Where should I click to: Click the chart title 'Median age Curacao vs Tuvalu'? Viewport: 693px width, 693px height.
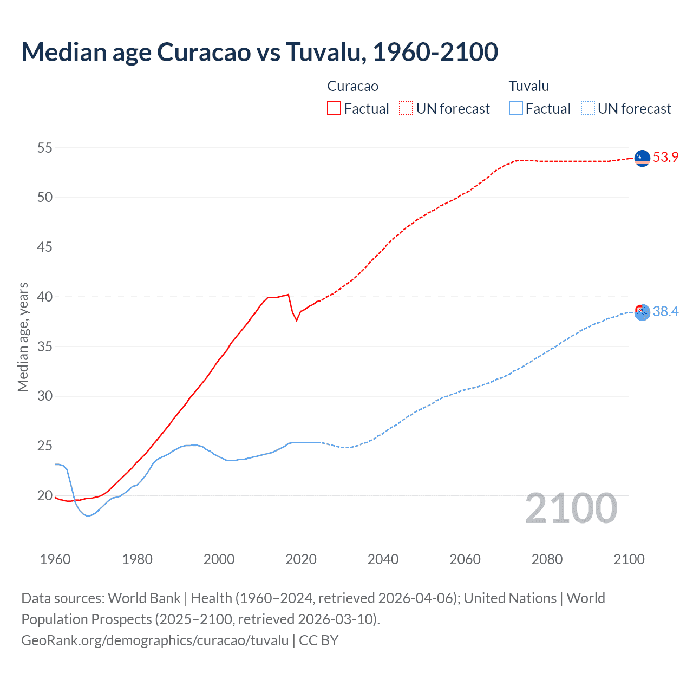259,52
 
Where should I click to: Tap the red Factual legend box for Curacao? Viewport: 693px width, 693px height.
334,108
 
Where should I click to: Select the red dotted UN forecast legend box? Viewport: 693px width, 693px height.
406,108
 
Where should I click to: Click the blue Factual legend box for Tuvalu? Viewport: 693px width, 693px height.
515,108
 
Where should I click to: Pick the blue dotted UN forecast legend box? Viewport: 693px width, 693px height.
587,108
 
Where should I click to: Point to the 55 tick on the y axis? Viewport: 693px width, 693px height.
45,148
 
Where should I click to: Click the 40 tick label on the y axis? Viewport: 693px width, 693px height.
45,297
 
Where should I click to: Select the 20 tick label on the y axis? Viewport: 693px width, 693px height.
45,495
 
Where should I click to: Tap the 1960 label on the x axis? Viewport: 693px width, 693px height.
55,559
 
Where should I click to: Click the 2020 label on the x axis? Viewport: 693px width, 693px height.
301,559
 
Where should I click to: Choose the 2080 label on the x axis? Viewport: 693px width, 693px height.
547,559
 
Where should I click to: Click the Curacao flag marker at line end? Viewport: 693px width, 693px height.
642,158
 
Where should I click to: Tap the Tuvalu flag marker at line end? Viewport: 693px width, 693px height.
642,312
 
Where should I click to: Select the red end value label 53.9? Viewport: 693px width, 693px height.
665,158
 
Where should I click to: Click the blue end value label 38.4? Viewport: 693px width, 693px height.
665,311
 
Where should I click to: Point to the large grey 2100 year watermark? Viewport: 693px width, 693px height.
571,508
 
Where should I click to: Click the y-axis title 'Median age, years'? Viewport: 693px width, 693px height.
23,337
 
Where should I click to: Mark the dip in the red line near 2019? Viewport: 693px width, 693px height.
296,320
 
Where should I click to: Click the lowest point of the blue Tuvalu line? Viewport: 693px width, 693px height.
88,516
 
